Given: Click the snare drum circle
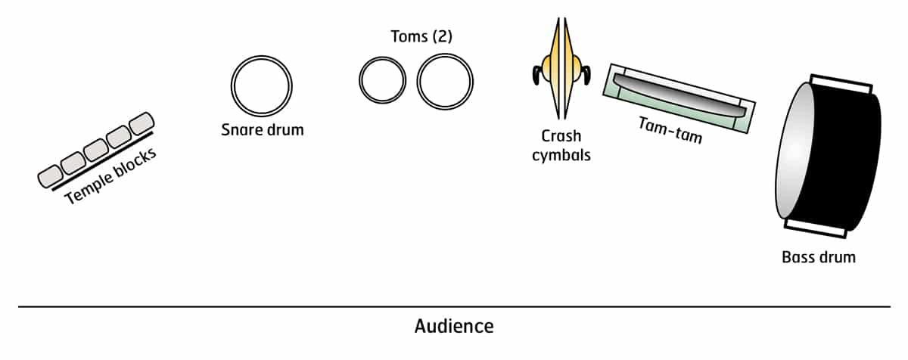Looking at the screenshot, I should coord(261,85).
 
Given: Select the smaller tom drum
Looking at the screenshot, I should coord(382,80).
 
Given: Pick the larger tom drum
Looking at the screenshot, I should coord(445,80).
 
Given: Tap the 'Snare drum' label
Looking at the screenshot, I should coord(262,130).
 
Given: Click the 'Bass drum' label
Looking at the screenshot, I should coord(818,257).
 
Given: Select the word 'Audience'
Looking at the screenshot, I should coord(454,327).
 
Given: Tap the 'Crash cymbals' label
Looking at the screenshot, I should coord(561,145).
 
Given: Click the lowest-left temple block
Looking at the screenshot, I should coord(51,176).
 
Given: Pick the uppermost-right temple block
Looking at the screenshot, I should coord(141,123).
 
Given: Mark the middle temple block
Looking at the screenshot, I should coord(96,149).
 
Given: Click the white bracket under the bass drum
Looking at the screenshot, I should coord(813,225).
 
